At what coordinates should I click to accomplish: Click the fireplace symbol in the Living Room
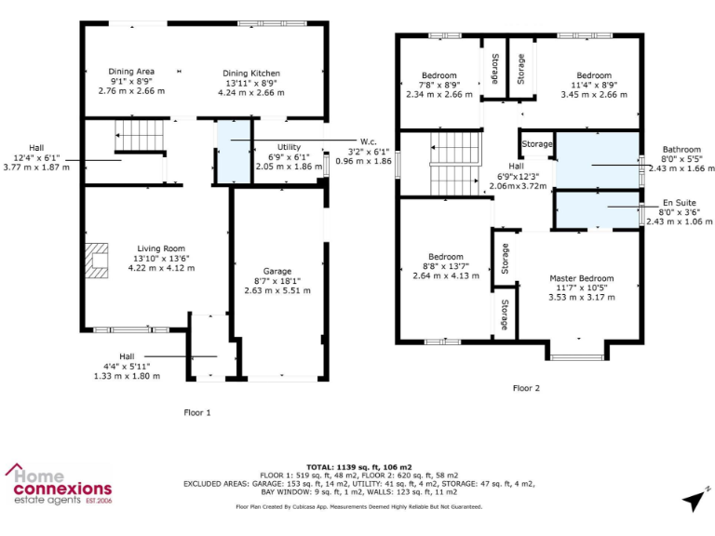[95, 261]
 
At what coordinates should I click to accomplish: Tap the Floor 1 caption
[197, 411]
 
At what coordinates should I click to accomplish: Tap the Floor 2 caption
[526, 388]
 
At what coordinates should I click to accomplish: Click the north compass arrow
[695, 501]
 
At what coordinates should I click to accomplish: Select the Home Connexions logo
[59, 486]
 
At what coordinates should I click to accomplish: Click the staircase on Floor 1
[140, 136]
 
